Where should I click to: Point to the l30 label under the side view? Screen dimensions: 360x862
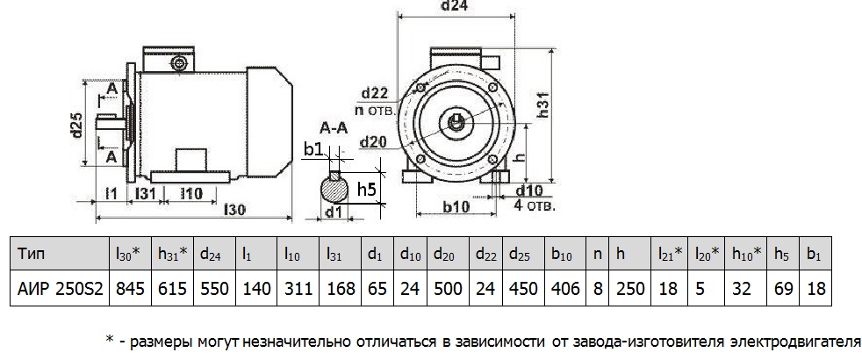point(234,212)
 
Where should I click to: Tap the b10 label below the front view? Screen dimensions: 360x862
point(455,207)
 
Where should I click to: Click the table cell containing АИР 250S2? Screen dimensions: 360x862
point(59,288)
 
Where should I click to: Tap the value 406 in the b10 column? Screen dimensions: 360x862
point(564,288)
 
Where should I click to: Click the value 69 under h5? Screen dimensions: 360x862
point(782,288)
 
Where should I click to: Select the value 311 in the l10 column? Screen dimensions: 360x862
point(298,288)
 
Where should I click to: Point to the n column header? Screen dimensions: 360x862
point(597,254)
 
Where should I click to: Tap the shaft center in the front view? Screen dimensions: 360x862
point(458,120)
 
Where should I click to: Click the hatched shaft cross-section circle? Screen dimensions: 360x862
point(334,187)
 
